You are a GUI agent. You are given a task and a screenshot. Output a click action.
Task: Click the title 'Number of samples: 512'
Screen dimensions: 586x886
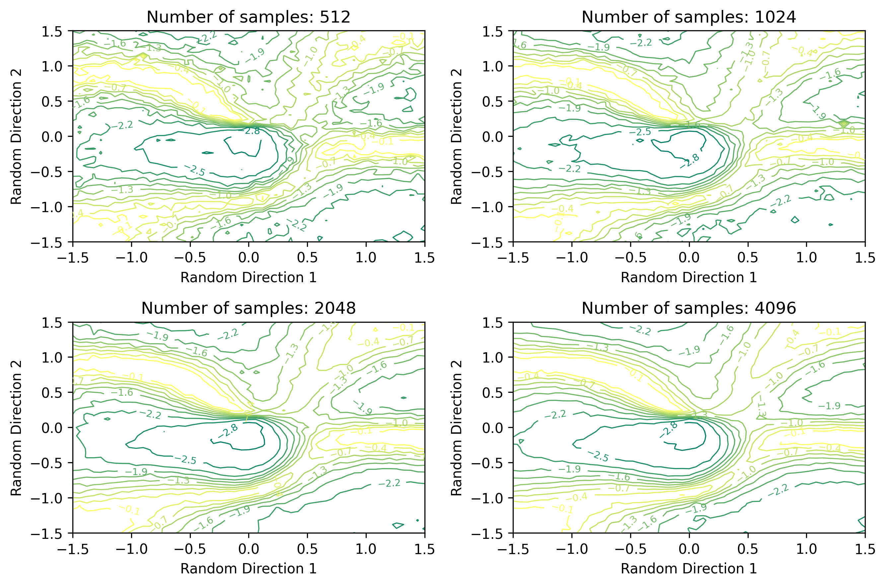249,17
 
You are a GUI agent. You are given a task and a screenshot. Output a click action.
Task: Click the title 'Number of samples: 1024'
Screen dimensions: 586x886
689,17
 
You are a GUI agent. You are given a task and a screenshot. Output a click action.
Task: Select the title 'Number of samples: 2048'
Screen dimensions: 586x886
249,308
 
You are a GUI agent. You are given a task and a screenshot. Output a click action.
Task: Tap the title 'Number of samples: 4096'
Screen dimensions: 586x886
689,308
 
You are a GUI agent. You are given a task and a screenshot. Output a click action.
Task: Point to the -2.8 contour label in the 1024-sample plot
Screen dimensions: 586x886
690,161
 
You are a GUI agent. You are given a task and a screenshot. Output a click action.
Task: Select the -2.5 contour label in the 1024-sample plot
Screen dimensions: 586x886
640,132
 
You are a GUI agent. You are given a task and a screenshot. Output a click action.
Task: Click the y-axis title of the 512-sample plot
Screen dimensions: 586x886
16,136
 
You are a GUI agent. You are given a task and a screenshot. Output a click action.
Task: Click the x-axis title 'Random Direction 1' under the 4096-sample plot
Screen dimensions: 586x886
689,568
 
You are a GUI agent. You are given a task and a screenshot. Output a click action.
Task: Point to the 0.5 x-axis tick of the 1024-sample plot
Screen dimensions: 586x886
748,258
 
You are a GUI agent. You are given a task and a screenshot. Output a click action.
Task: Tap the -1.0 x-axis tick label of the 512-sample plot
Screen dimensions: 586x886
131,258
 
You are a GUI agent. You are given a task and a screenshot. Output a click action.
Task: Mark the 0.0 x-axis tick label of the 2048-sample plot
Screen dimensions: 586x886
249,549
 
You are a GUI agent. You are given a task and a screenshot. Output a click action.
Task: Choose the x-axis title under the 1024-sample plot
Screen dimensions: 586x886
689,277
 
